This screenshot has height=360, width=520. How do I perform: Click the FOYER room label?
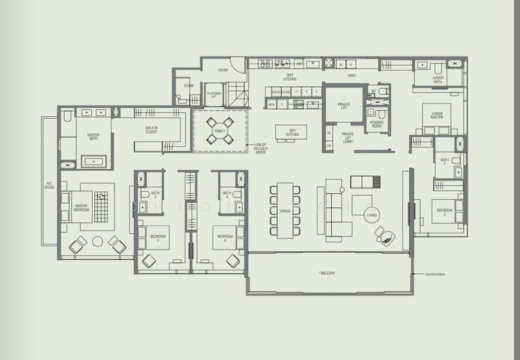223,70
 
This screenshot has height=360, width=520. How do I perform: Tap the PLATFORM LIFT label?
214,95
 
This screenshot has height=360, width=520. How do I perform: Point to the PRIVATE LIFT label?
343,106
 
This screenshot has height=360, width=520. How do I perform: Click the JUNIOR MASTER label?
437,115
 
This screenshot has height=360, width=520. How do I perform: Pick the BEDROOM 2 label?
444,211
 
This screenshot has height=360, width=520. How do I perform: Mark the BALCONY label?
328,273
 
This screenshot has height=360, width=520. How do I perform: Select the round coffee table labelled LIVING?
372,214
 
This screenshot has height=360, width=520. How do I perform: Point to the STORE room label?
188,85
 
